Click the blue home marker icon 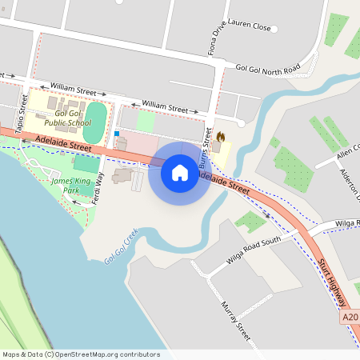click(180, 173)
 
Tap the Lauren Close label click(250, 26)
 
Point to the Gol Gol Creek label click(121, 246)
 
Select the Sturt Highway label click(332, 282)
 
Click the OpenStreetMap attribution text click(80, 354)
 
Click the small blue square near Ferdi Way click(117, 134)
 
